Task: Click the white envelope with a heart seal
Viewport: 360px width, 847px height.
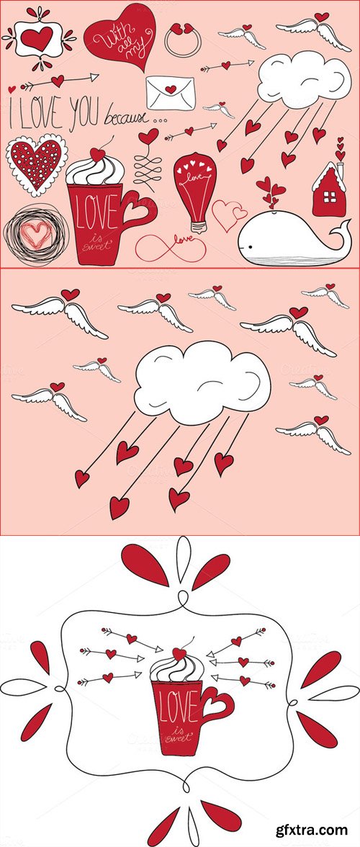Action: pos(172,92)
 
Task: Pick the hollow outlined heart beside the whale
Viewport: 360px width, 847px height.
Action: pos(229,215)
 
